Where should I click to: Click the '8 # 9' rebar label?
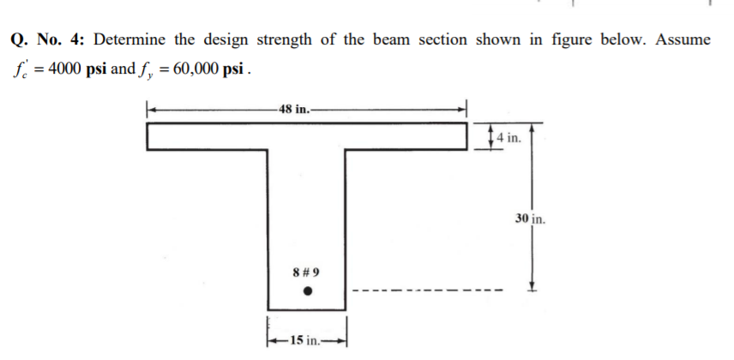tap(306, 273)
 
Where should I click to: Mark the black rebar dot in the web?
tap(307, 291)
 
